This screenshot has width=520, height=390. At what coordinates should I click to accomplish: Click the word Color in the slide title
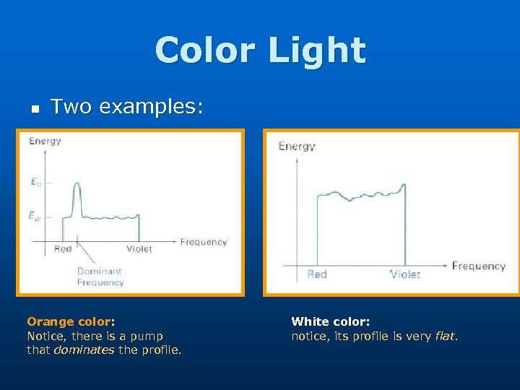pyautogui.click(x=207, y=50)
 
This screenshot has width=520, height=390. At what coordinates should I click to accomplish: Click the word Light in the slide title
pyautogui.click(x=318, y=50)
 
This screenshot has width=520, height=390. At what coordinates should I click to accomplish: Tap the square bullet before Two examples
pyautogui.click(x=34, y=108)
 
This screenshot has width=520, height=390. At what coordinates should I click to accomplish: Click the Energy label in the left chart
pyautogui.click(x=45, y=141)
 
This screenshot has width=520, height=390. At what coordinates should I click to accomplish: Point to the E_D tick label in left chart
pyautogui.click(x=36, y=183)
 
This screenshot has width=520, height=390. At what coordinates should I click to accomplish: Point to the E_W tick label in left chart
pyautogui.click(x=35, y=215)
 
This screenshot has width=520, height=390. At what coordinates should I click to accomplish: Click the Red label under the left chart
pyautogui.click(x=63, y=249)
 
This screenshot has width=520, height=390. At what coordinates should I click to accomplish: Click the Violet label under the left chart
pyautogui.click(x=139, y=249)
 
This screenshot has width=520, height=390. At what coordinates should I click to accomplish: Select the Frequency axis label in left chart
pyautogui.click(x=203, y=242)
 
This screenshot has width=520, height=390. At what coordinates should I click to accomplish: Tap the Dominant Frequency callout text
pyautogui.click(x=100, y=277)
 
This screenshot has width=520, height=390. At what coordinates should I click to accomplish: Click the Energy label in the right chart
pyautogui.click(x=296, y=147)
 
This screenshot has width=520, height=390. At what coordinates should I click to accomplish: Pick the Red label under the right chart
pyautogui.click(x=317, y=274)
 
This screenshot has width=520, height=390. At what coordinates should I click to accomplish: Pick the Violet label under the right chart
pyautogui.click(x=405, y=274)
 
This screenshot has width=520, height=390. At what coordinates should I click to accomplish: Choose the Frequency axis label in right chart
pyautogui.click(x=478, y=266)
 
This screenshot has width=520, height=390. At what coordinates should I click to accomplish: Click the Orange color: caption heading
pyautogui.click(x=71, y=321)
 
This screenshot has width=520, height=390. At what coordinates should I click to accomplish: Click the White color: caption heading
pyautogui.click(x=330, y=321)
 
